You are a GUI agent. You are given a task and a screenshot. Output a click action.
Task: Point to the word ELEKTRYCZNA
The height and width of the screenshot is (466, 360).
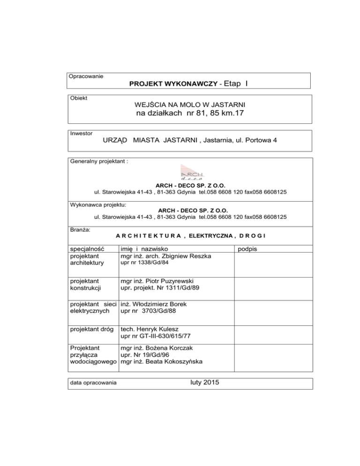pyautogui.click(x=209, y=235)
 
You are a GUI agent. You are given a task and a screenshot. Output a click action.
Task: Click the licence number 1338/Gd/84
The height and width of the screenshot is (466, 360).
pyautogui.click(x=149, y=264)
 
